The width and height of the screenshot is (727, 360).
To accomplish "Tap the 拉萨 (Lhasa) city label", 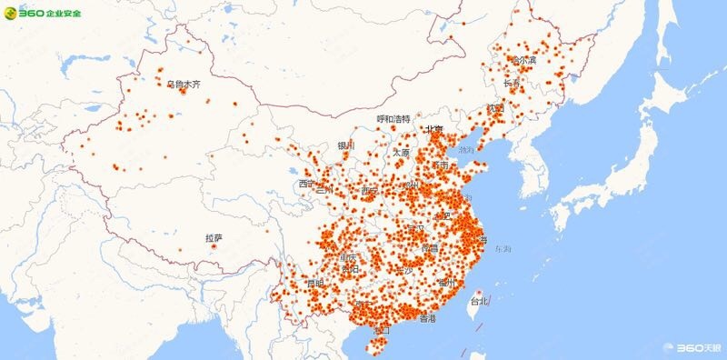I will coord(214,238).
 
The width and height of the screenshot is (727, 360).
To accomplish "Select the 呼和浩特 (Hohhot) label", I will coord(393,119).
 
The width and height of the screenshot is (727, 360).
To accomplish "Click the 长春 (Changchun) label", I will coord(512,84).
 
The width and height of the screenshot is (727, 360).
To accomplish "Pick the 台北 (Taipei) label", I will coord(478,301).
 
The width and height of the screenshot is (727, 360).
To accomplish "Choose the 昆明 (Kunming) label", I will coord(314,284).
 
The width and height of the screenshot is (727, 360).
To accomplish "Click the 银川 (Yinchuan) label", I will coord(346,145).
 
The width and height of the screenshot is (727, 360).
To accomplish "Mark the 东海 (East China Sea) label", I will coord(503,248).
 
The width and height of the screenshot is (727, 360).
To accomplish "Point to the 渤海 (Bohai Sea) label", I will coord(466,150).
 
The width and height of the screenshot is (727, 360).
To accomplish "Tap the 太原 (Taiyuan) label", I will coord(402,153).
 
